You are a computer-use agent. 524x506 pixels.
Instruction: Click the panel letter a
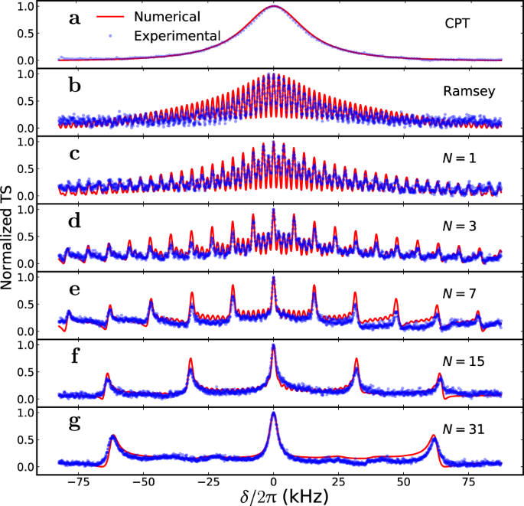point(74,19)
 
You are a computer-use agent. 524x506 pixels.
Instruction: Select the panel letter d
point(74,222)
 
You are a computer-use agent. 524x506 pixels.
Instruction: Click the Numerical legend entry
point(166,16)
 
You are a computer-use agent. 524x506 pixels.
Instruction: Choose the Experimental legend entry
point(177,35)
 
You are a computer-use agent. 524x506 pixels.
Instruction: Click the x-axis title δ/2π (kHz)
point(273,496)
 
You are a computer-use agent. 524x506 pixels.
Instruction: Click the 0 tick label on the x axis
point(273,481)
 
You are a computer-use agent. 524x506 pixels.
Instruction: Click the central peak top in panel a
point(274,6)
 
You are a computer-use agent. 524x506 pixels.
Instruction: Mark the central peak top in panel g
point(274,413)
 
